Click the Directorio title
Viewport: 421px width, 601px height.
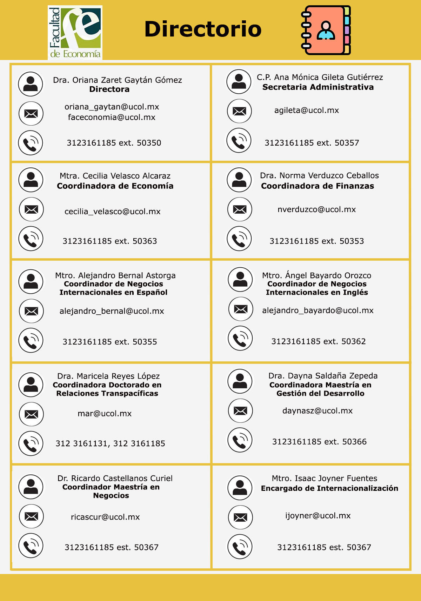coord(203,29)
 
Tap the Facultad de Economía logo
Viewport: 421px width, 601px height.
coord(75,32)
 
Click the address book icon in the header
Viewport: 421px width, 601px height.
coord(326,30)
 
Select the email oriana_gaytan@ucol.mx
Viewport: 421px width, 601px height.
coord(112,107)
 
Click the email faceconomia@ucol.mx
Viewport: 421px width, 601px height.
coord(112,117)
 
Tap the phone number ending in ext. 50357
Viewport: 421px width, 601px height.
coord(312,143)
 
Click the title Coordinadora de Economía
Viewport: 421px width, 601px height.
coord(115,186)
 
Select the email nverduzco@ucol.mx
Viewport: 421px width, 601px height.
coord(316,209)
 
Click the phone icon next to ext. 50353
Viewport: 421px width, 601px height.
coord(239,239)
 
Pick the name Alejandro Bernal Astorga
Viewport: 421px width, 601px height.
coord(115,275)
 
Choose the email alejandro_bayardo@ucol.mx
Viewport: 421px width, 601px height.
coord(318,310)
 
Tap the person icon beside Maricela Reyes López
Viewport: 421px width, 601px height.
coord(31,385)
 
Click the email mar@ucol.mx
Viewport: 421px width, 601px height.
coord(105,414)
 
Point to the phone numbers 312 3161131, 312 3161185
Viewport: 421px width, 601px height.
coord(110,443)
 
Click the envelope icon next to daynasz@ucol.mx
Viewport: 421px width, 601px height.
coord(240,411)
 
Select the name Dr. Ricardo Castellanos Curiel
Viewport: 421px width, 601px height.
coord(115,478)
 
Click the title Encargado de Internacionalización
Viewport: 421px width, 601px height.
coord(329,488)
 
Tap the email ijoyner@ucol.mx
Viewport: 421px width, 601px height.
coord(318,516)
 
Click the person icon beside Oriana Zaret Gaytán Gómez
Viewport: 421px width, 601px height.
coord(31,84)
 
